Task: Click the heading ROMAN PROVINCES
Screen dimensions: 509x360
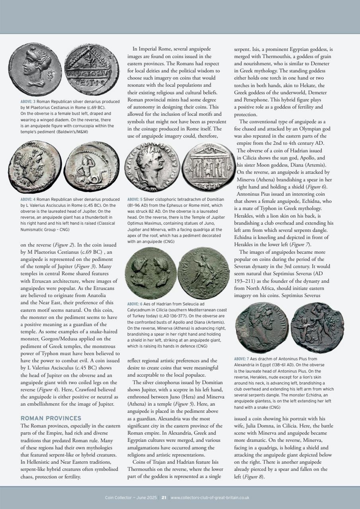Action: pyautogui.click(x=51, y=418)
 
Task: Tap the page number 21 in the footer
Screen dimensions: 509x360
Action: pyautogui.click(x=163, y=497)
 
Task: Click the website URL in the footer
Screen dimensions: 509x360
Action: pyautogui.click(x=210, y=497)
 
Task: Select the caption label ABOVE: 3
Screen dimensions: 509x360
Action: pyautogui.click(x=28, y=102)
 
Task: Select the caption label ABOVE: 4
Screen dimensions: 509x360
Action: pyautogui.click(x=28, y=199)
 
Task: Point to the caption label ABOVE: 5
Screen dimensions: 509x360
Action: pyautogui.click(x=135, y=199)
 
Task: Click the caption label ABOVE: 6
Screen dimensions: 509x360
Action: pyautogui.click(x=135, y=304)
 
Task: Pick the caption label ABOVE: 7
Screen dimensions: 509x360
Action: pyautogui.click(x=242, y=358)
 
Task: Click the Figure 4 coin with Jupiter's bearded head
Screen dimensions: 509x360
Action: pyautogui.click(x=35, y=166)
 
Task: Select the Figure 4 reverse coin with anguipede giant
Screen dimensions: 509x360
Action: pyautogui.click(x=91, y=167)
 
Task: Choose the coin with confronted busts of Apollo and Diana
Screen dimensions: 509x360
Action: pyautogui.click(x=150, y=273)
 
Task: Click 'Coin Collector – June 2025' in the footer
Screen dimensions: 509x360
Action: pyautogui.click(x=131, y=497)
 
